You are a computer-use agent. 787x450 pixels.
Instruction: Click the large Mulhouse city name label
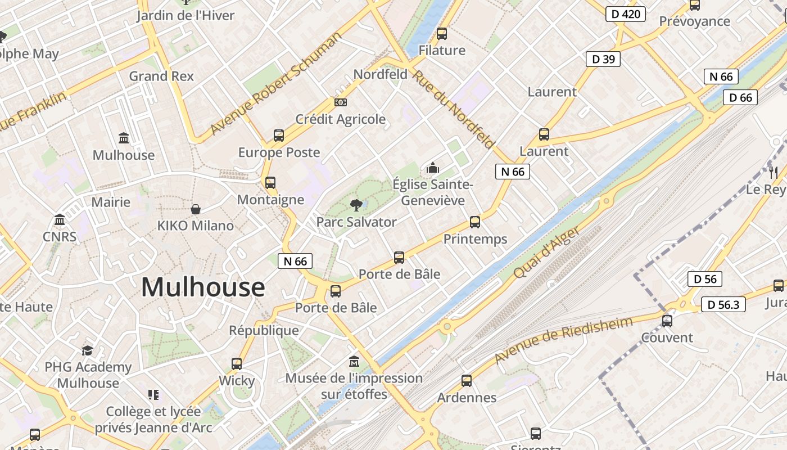click(202, 287)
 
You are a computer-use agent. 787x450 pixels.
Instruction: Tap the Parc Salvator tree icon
click(355, 205)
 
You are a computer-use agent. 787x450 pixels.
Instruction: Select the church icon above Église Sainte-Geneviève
click(432, 168)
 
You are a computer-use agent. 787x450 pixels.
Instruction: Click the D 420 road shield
click(625, 14)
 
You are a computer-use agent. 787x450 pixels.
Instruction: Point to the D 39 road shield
click(603, 58)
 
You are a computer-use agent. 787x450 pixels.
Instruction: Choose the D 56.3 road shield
click(723, 305)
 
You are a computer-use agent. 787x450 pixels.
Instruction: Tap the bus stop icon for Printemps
click(475, 222)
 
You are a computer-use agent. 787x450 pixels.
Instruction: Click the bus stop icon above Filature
click(442, 34)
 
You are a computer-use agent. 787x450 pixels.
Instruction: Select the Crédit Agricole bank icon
click(340, 102)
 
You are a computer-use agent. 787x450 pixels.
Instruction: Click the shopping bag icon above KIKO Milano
click(196, 209)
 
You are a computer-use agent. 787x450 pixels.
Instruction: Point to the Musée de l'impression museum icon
click(354, 361)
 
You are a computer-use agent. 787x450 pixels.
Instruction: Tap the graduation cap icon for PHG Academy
click(87, 351)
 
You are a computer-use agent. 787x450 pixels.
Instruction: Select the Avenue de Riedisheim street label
click(563, 340)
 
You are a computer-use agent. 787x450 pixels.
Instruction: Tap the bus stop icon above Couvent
click(667, 321)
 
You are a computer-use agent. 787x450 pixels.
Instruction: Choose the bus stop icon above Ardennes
click(467, 381)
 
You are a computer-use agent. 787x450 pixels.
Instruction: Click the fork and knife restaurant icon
click(774, 172)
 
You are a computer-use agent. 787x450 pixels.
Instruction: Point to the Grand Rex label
click(161, 76)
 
